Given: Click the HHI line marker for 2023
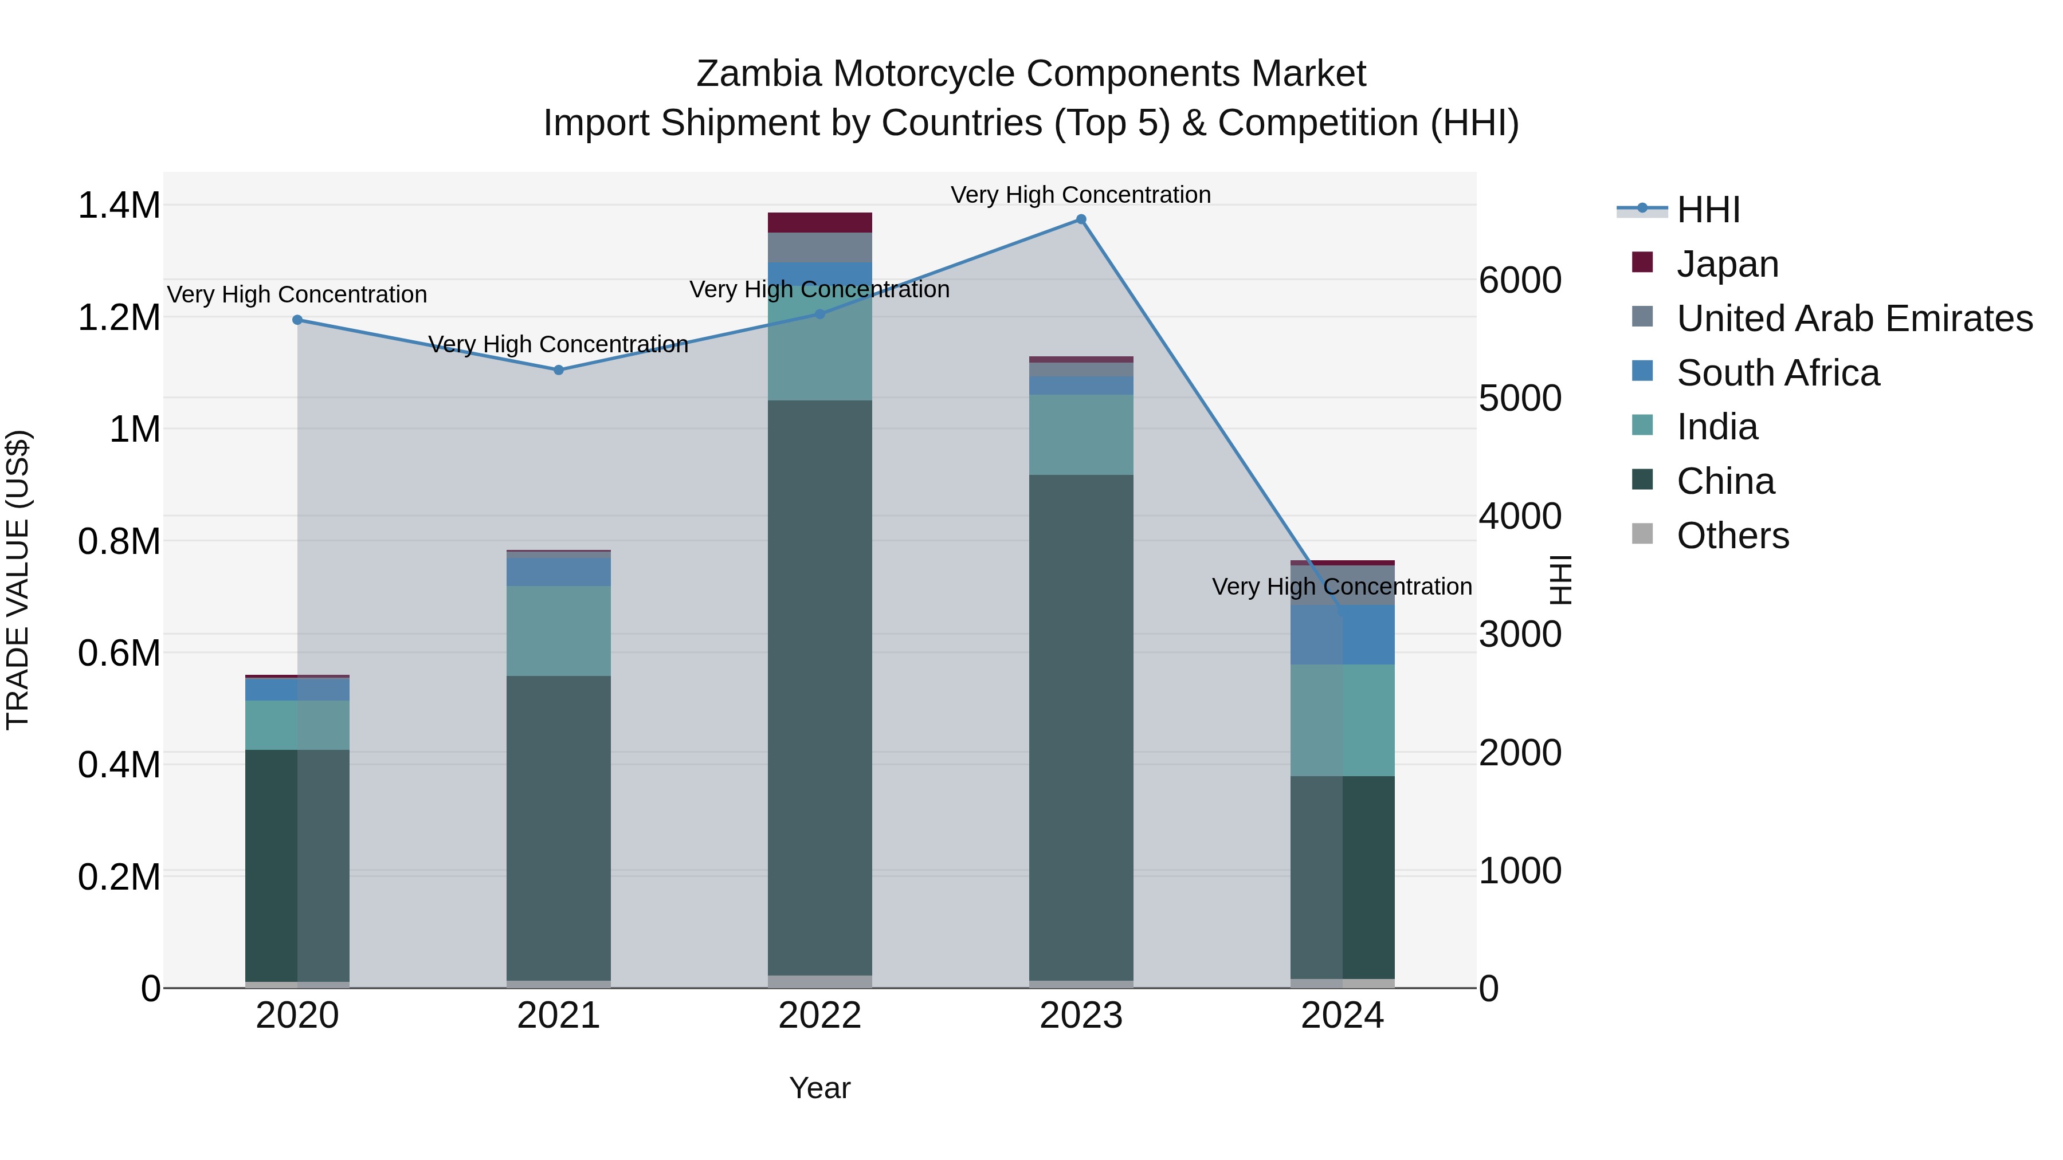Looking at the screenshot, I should click(x=1080, y=219).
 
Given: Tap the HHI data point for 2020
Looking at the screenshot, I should click(x=297, y=320).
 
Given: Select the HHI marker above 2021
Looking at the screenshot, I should click(x=558, y=370).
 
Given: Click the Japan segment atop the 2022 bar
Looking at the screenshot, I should click(x=819, y=223).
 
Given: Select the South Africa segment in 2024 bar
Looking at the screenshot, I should click(x=1342, y=634).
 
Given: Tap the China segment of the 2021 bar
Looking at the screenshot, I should click(x=558, y=828).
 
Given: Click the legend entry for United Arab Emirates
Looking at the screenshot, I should click(x=1853, y=318).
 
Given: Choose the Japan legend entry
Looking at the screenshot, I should click(x=1727, y=264).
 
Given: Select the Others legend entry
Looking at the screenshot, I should click(x=1732, y=536).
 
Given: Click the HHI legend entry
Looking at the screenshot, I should click(x=1708, y=210).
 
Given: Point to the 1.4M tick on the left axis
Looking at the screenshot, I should click(x=119, y=206).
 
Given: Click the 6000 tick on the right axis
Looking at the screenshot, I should click(x=1519, y=280).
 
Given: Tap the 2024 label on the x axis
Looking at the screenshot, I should click(x=1342, y=1016).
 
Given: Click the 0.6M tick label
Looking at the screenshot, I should click(x=119, y=652).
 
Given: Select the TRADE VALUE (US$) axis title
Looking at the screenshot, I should click(x=18, y=580).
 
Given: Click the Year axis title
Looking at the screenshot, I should click(x=819, y=1088).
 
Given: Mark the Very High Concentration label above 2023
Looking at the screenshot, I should click(x=1080, y=195).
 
